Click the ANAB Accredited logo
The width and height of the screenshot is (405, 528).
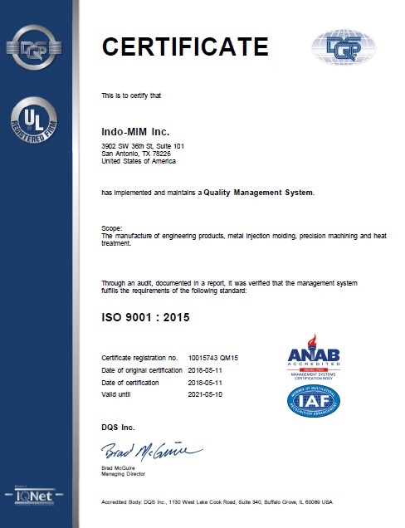coord(314,357)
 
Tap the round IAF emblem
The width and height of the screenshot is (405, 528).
coord(314,401)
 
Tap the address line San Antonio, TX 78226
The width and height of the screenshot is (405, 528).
coord(136,154)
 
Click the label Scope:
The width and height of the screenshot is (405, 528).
coord(111,227)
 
